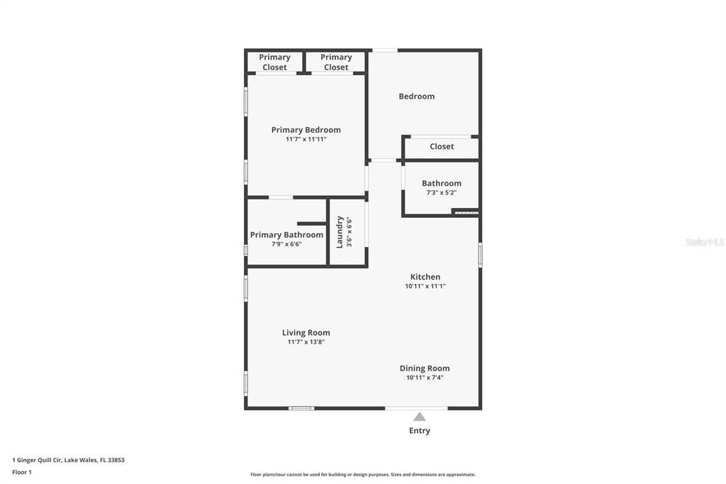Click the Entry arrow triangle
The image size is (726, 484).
coord(420,417)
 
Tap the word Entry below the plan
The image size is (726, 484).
coord(420,431)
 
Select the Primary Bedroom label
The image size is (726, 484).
coord(306,130)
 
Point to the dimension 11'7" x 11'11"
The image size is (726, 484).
coord(306,139)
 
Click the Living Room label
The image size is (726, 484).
coord(306,332)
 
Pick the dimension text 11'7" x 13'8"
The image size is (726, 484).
coord(306,342)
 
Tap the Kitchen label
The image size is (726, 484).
coord(425,277)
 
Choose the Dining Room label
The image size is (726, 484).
coord(425,368)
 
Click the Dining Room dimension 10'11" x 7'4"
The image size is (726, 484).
coord(425,378)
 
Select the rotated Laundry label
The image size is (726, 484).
coord(340,232)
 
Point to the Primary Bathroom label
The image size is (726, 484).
coord(286,235)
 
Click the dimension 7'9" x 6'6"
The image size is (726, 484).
coord(286,244)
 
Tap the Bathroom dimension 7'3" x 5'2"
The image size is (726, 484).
coord(441,192)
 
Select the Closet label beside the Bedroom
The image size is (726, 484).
coord(442,146)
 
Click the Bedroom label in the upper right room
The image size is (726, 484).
coord(417,97)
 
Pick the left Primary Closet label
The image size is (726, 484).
coord(274,62)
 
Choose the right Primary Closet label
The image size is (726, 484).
coord(336,62)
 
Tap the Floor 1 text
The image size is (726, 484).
coord(22,472)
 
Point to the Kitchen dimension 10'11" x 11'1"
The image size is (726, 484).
coord(425,286)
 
